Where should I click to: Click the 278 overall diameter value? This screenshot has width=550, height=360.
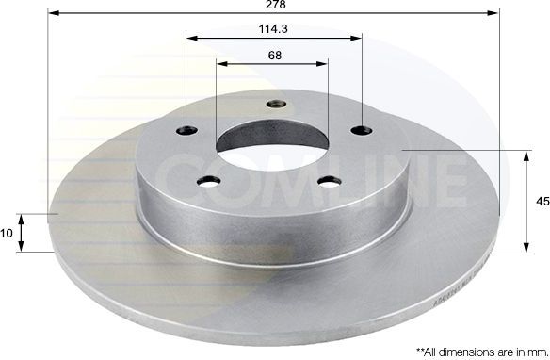275,6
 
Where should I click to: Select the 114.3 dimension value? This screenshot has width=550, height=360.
273,29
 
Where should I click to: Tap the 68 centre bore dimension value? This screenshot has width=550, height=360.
273,56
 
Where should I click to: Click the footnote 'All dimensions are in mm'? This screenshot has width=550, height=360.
470,350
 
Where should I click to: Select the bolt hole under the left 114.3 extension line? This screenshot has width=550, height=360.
187,130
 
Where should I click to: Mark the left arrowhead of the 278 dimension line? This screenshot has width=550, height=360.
53,14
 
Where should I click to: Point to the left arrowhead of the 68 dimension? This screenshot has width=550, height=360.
222,64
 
